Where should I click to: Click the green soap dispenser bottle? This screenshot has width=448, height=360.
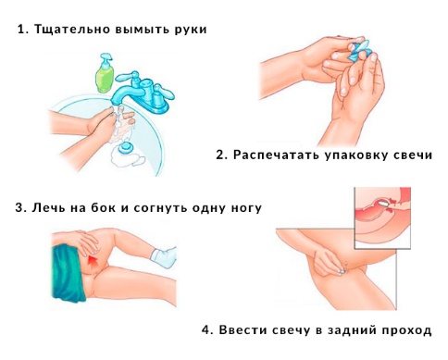106,69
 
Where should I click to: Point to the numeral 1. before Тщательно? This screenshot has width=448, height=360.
22,29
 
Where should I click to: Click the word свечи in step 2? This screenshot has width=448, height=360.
415,155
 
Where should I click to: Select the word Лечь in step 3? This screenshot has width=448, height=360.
49,208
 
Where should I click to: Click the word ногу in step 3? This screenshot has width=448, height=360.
243,208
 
